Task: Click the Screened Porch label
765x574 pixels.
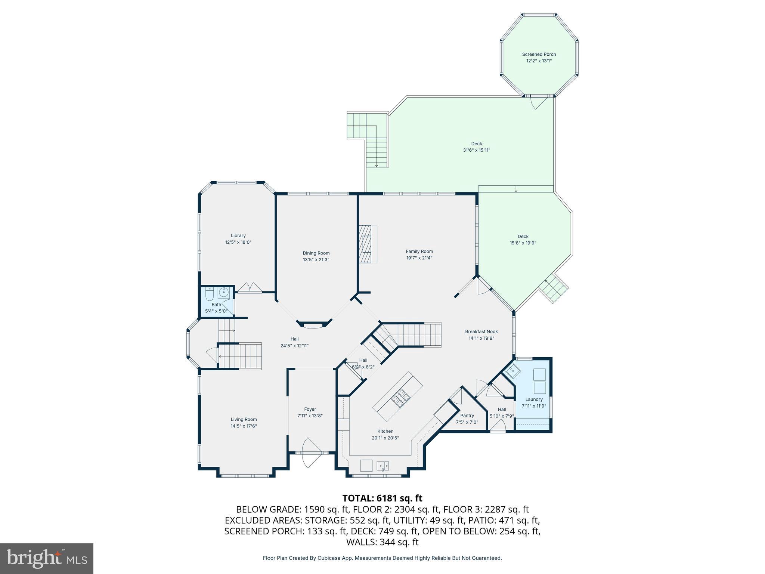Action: point(539,55)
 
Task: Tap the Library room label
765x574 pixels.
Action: point(238,235)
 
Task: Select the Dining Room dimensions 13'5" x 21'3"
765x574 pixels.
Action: point(316,260)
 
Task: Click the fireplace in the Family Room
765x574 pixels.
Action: point(368,244)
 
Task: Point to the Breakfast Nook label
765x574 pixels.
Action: point(481,331)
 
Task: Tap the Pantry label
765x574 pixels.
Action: point(467,416)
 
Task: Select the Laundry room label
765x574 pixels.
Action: point(533,399)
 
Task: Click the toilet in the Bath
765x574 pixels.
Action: point(209,295)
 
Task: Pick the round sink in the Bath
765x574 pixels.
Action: point(224,293)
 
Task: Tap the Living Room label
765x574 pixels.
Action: point(244,419)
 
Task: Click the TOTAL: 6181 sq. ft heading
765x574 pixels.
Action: point(382,498)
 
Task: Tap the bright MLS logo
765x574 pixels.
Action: point(46,558)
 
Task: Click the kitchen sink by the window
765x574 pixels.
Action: point(383,466)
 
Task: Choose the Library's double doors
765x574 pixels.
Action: point(250,288)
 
